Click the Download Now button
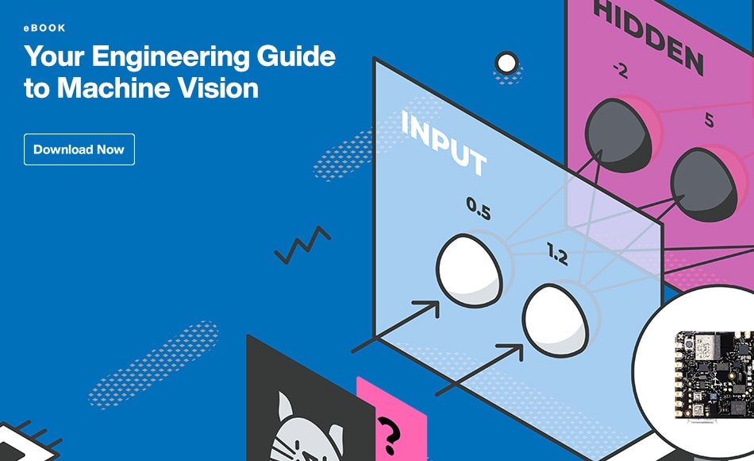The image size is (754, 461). point(79,149)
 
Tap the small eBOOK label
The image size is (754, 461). point(44,28)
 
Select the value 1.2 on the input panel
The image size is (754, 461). point(557,254)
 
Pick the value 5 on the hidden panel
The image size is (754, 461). point(709,122)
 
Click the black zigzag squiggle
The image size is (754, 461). point(302,246)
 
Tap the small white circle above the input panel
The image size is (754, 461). point(506,62)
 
